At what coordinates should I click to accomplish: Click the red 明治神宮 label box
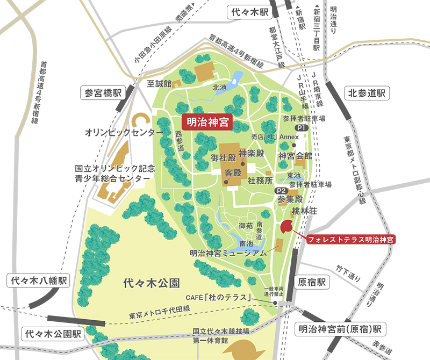tap(206, 123)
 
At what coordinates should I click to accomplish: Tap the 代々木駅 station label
tap(249, 11)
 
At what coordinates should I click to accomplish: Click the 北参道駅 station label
tap(368, 93)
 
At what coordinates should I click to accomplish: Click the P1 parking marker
tap(301, 128)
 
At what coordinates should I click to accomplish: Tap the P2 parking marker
tap(281, 191)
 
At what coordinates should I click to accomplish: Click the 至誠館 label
tap(159, 84)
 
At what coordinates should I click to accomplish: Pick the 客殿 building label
tap(233, 174)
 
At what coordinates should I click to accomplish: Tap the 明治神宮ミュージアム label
tap(228, 253)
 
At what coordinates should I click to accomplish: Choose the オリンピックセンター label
tap(124, 132)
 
